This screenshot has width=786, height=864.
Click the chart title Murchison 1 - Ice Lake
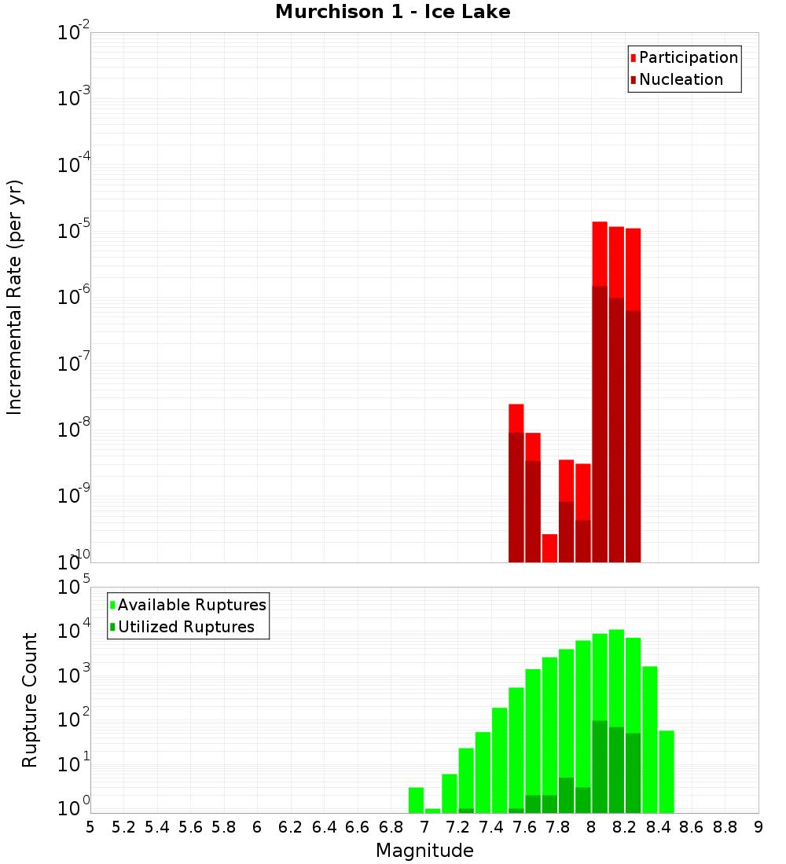393,13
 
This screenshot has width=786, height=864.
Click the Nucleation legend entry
680,79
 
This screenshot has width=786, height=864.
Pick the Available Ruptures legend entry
191,605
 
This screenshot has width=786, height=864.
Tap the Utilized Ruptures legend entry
185,627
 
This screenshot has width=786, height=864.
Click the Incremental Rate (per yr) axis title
15,298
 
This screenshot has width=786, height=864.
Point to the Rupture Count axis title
30,700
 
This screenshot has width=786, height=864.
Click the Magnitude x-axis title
424,851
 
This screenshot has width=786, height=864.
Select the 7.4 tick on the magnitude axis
491,827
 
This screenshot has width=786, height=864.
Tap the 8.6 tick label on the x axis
692,827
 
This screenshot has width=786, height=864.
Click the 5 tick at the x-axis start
90,827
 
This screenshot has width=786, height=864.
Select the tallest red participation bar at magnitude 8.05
600,251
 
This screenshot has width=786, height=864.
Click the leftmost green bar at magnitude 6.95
416,800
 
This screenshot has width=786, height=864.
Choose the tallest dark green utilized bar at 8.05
600,766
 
